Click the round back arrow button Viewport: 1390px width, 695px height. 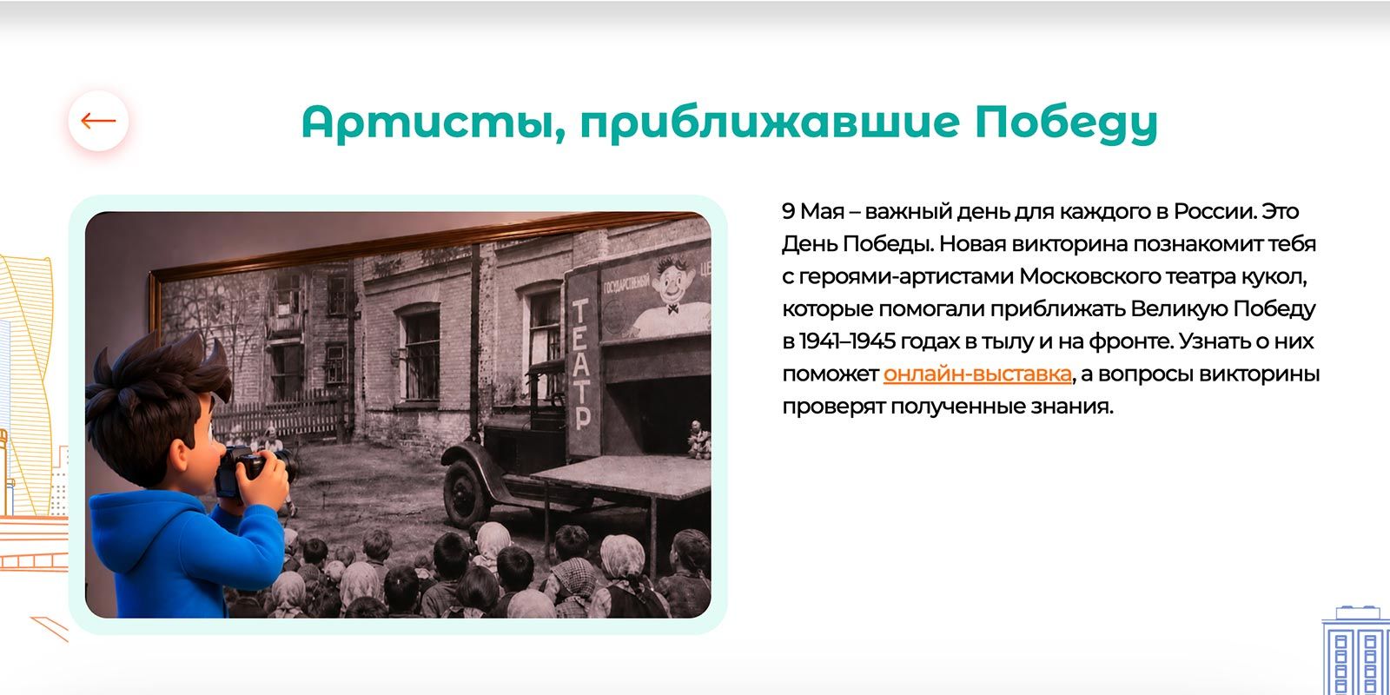point(98,121)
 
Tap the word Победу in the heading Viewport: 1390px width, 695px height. point(1066,123)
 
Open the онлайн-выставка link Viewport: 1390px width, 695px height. point(977,374)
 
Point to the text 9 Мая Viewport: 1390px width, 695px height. point(813,212)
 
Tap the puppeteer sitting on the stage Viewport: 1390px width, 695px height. point(698,440)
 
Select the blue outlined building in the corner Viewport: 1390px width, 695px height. point(1355,651)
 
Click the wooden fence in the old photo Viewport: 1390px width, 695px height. point(279,416)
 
